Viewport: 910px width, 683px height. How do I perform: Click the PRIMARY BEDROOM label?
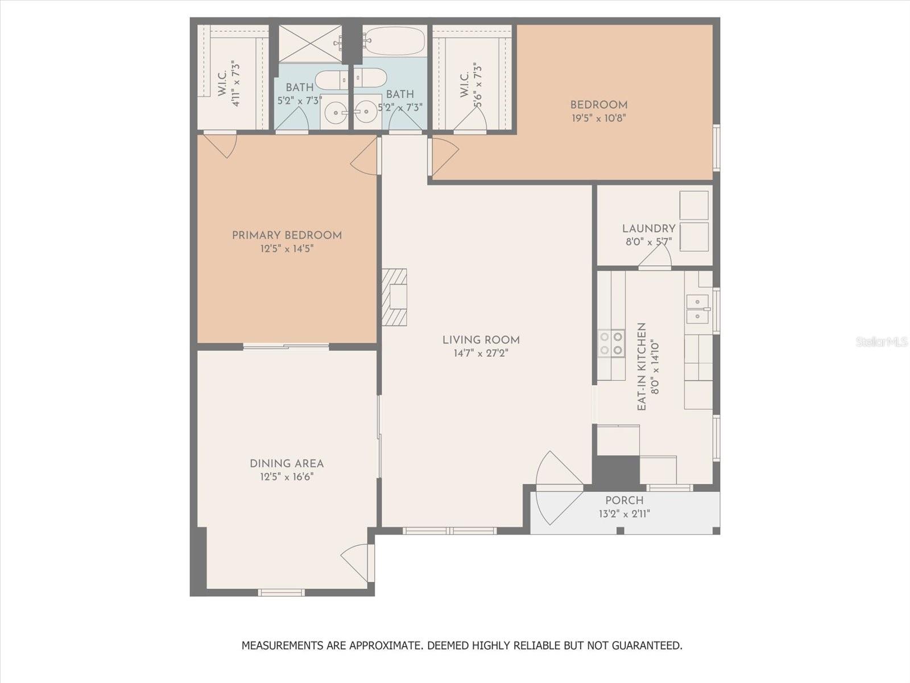pos(287,236)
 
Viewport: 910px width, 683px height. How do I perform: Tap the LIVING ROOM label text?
pos(481,340)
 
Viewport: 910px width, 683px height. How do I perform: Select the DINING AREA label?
pos(287,464)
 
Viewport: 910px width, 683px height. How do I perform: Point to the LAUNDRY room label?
pos(649,228)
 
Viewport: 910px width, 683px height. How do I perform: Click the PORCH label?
pos(624,500)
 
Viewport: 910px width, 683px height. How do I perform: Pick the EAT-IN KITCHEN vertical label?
pos(642,367)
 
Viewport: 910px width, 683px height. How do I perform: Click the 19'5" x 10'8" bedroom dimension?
pos(599,118)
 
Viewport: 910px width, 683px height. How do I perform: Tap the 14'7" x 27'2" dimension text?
pos(481,353)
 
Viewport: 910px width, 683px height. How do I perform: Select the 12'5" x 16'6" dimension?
pos(287,477)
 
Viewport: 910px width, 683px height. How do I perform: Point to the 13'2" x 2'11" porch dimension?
pos(624,514)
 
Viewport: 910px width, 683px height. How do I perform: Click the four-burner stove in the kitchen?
pos(611,343)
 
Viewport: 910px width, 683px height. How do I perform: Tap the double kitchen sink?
pos(698,309)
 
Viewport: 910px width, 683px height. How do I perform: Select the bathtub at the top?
pos(395,41)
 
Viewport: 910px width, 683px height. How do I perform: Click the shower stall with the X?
pos(310,44)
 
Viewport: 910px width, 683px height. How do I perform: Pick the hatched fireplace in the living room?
pos(394,297)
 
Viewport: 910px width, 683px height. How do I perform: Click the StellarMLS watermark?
pos(881,342)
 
